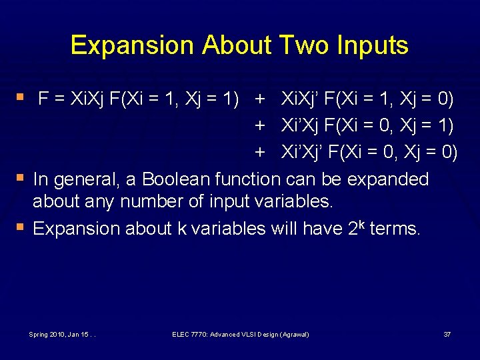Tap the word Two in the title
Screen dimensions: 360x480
[x=299, y=45]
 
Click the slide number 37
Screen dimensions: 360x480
[x=447, y=333]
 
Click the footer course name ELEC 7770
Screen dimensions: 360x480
[x=191, y=333]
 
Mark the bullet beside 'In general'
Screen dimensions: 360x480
[x=23, y=179]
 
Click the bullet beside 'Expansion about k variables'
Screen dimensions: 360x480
[x=23, y=228]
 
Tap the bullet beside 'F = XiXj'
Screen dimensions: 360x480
[x=23, y=99]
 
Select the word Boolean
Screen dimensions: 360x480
[x=175, y=179]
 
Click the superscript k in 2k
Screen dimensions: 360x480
[x=359, y=223]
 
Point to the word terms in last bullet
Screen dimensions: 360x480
[x=395, y=229]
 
